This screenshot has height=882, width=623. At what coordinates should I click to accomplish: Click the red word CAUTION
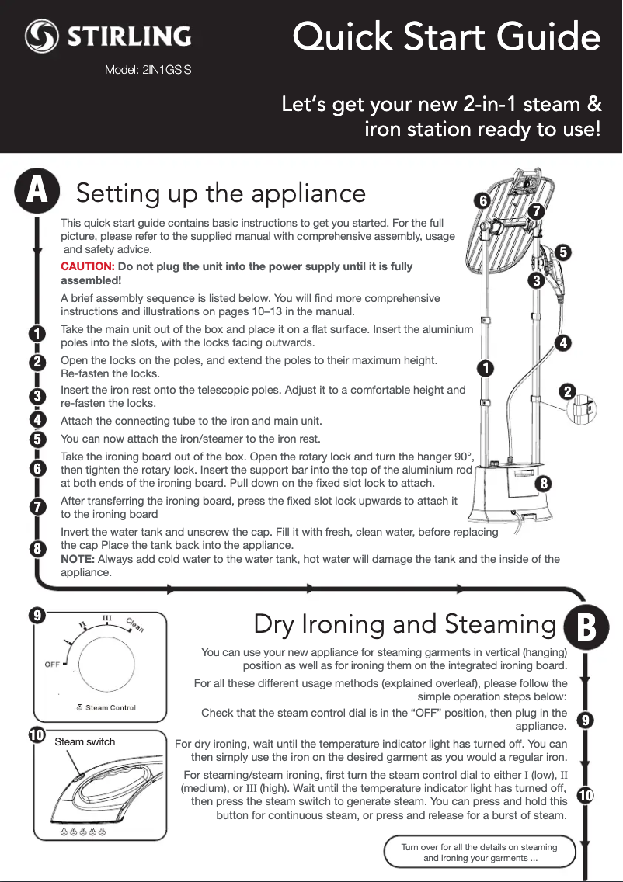point(87,267)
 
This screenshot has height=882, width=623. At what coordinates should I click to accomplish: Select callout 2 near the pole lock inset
point(569,392)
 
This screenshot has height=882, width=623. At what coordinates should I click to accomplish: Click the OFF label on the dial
point(53,665)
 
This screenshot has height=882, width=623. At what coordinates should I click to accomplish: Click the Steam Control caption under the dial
point(110,707)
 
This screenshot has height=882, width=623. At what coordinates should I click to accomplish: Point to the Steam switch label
point(85,742)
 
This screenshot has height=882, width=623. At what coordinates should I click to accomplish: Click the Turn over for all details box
point(479,852)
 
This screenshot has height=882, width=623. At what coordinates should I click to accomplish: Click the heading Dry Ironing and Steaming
point(404,624)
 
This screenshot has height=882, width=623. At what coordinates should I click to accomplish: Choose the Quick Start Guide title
point(446,38)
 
